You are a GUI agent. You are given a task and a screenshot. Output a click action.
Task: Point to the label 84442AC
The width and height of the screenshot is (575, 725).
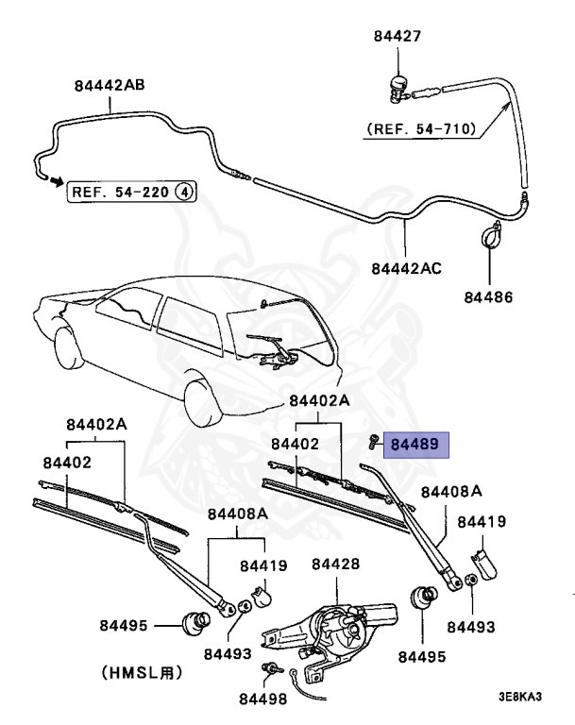click(406, 268)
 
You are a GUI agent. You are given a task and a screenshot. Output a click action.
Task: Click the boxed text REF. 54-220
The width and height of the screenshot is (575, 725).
click(122, 192)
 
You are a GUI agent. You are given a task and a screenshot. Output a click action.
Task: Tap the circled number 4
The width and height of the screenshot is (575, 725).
click(186, 192)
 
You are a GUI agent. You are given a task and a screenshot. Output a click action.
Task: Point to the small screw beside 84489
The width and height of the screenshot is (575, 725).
click(374, 441)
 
